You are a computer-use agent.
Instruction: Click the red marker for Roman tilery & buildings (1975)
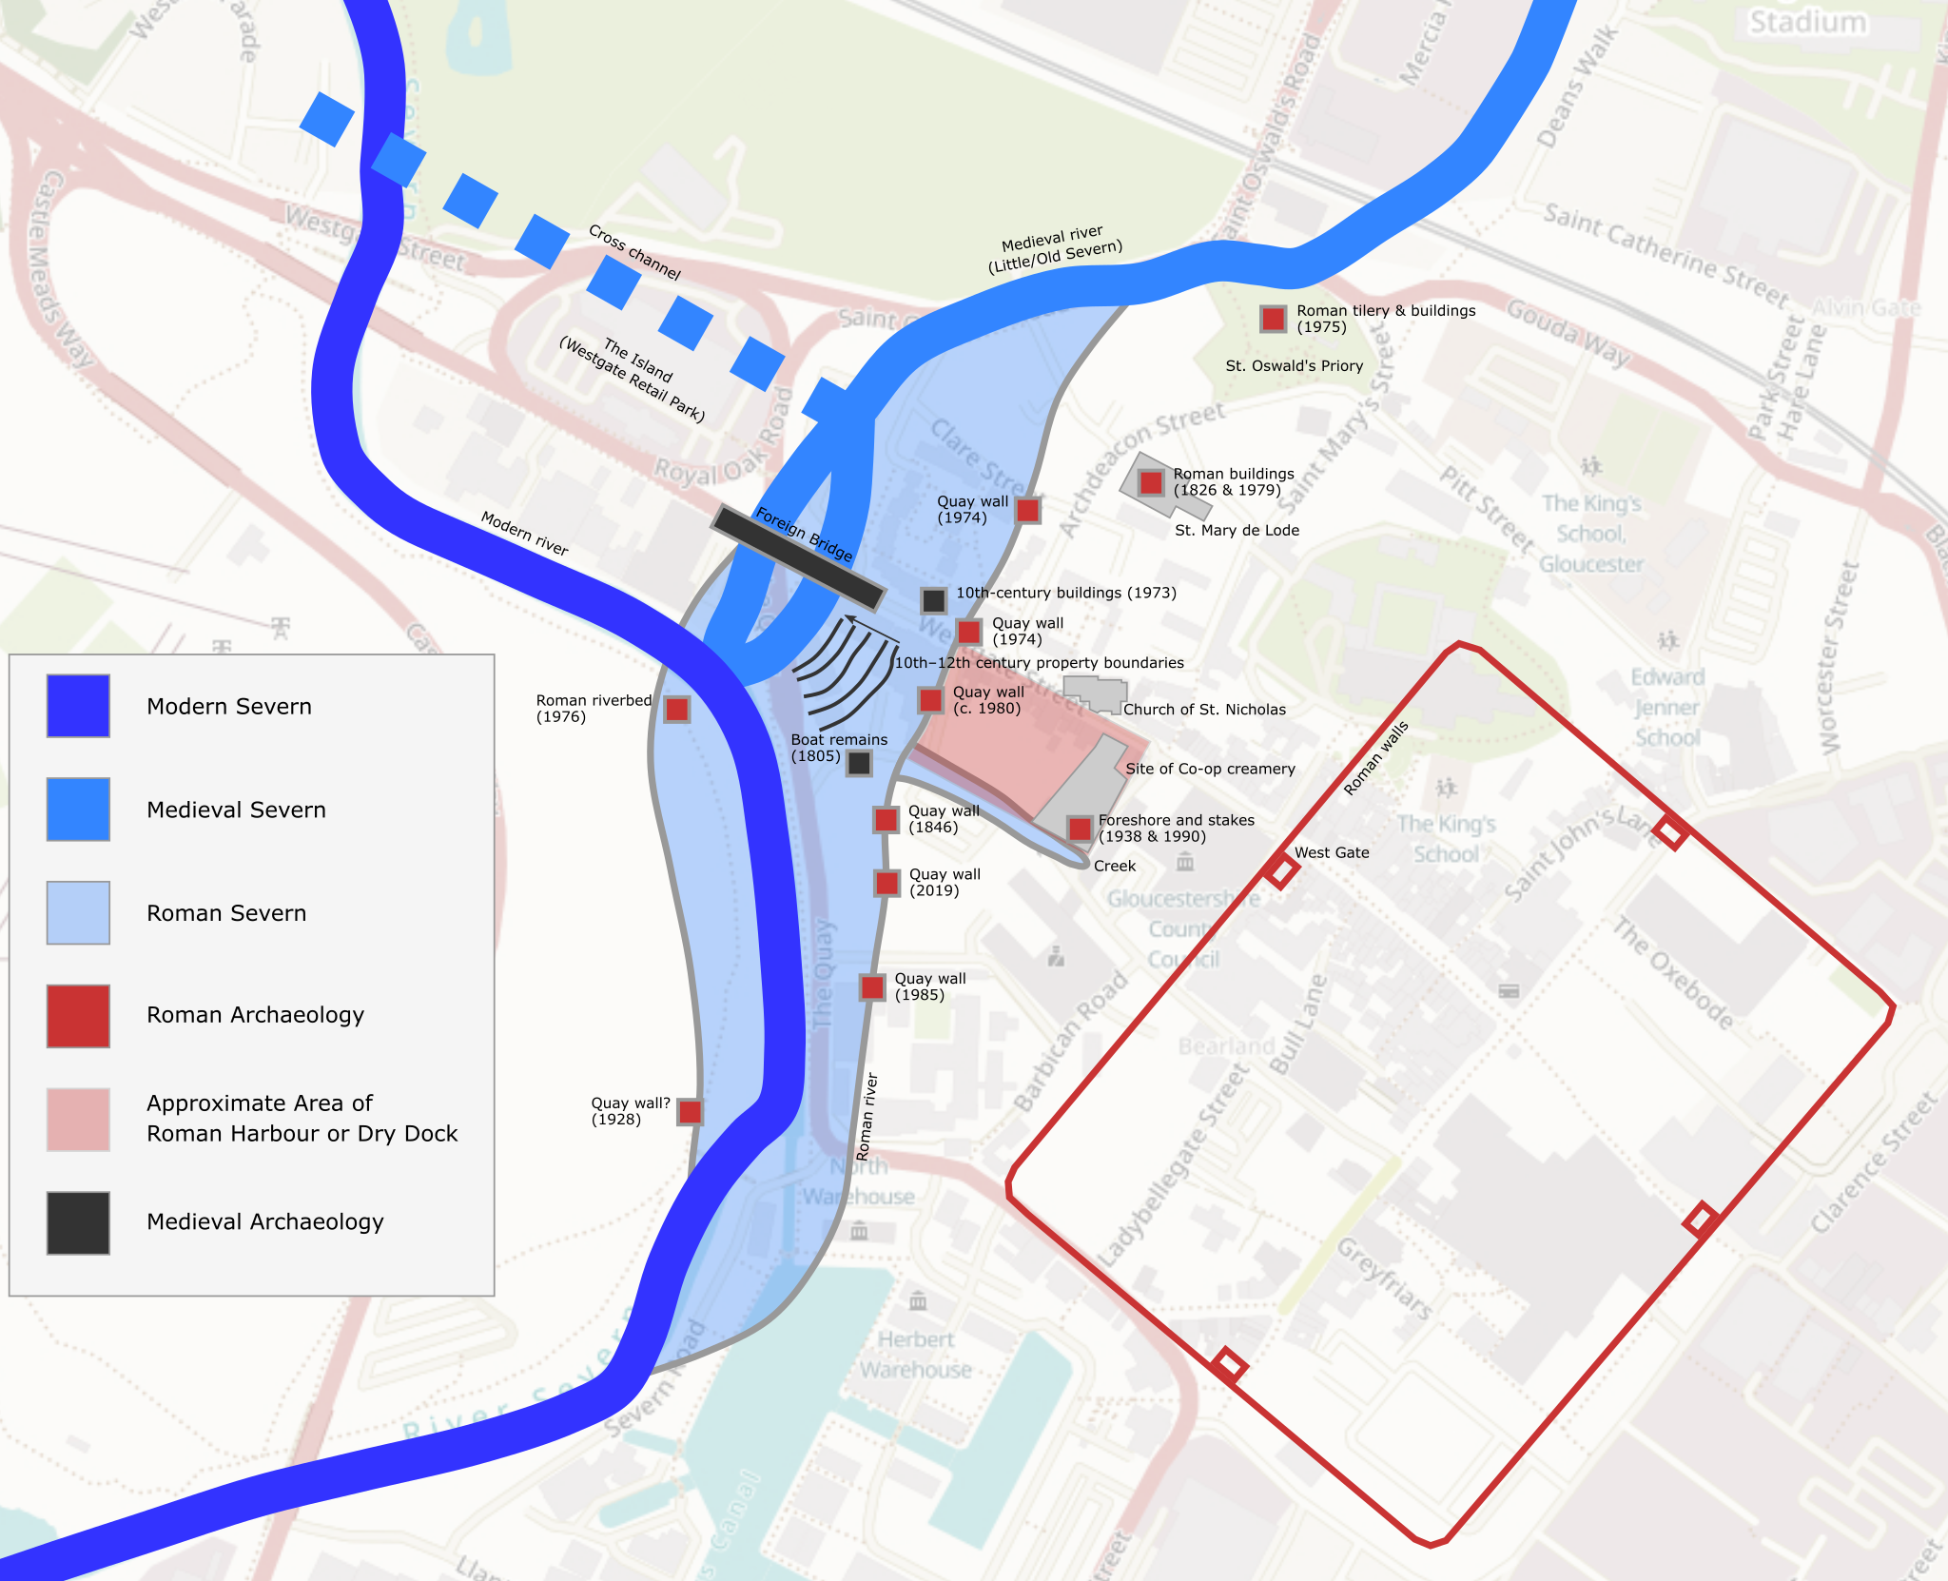1273,319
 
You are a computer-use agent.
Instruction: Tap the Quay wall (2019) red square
886,883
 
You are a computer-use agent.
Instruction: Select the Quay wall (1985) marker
872,986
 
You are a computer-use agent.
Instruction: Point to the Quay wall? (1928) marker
690,1111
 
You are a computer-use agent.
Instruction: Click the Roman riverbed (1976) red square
676,709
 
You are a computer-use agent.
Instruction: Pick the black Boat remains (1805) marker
859,762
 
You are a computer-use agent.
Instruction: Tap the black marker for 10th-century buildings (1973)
933,599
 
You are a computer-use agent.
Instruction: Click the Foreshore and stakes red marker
1079,828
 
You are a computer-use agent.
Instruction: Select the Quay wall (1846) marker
886,819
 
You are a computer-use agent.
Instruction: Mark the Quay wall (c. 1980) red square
930,700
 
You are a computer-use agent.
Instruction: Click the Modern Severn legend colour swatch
78,706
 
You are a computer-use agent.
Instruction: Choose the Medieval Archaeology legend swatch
78,1222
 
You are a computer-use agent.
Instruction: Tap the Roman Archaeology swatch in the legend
78,1016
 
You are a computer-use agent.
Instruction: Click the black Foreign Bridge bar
799,556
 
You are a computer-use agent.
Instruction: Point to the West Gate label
1332,852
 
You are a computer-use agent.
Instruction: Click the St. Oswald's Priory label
1294,365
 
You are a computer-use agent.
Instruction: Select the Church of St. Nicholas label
1204,709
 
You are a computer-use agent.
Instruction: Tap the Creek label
1115,866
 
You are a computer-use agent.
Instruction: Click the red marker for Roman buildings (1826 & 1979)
1151,482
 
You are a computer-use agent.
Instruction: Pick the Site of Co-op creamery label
1210,769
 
